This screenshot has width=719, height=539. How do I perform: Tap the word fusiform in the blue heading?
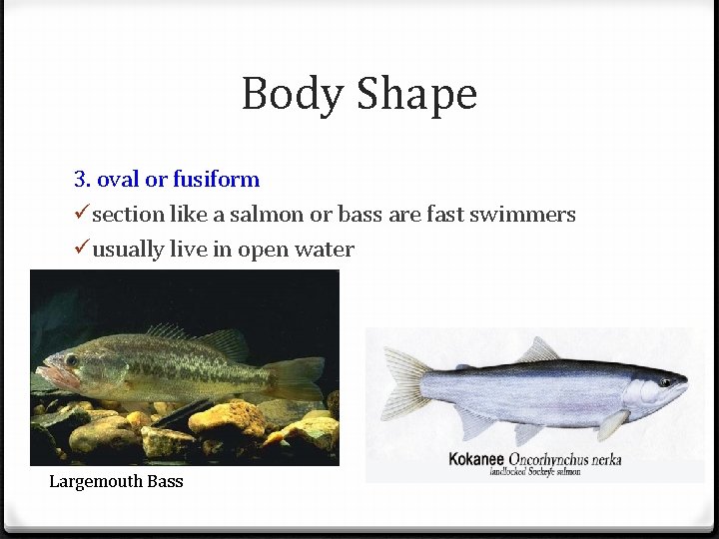coord(216,180)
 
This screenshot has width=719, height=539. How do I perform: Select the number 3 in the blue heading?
coord(80,180)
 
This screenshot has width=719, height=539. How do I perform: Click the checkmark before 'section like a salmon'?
coord(82,215)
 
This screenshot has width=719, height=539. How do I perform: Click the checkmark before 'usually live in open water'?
coord(82,250)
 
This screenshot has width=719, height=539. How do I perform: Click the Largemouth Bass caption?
coord(116,482)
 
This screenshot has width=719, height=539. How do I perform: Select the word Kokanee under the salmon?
coord(475,459)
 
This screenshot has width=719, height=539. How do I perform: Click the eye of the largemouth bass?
coord(71,360)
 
